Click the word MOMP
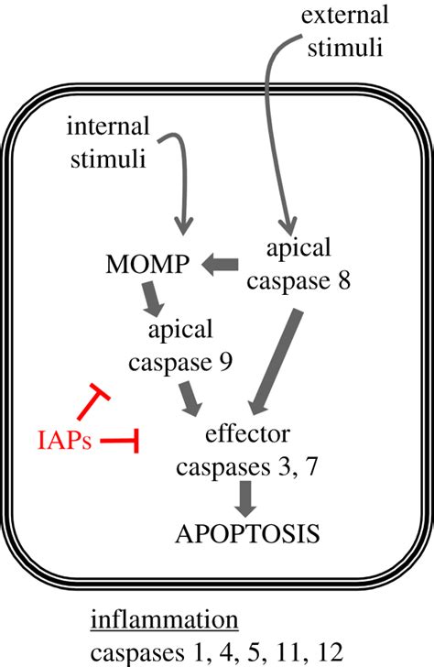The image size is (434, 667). point(147,264)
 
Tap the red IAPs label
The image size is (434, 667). point(65,441)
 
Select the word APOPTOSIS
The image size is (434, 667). point(247,533)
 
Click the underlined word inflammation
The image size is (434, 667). point(165,620)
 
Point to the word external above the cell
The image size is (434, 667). point(345,15)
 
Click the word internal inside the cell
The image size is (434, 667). point(108,126)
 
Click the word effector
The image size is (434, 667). point(248,434)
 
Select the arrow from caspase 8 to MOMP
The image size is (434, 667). point(220,264)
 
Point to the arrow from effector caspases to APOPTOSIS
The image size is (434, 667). point(245,498)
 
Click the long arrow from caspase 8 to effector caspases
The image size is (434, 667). point(275,363)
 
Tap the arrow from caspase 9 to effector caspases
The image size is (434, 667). point(190,399)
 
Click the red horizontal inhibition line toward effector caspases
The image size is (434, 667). point(119,441)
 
